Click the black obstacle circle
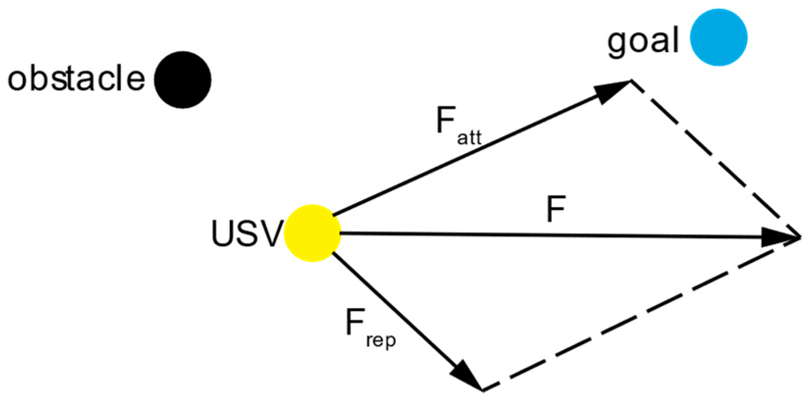182,79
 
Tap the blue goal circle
718,37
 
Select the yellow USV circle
312,233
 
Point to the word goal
643,42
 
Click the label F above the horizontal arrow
556,209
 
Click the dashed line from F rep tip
637,316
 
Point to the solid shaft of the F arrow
539,235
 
